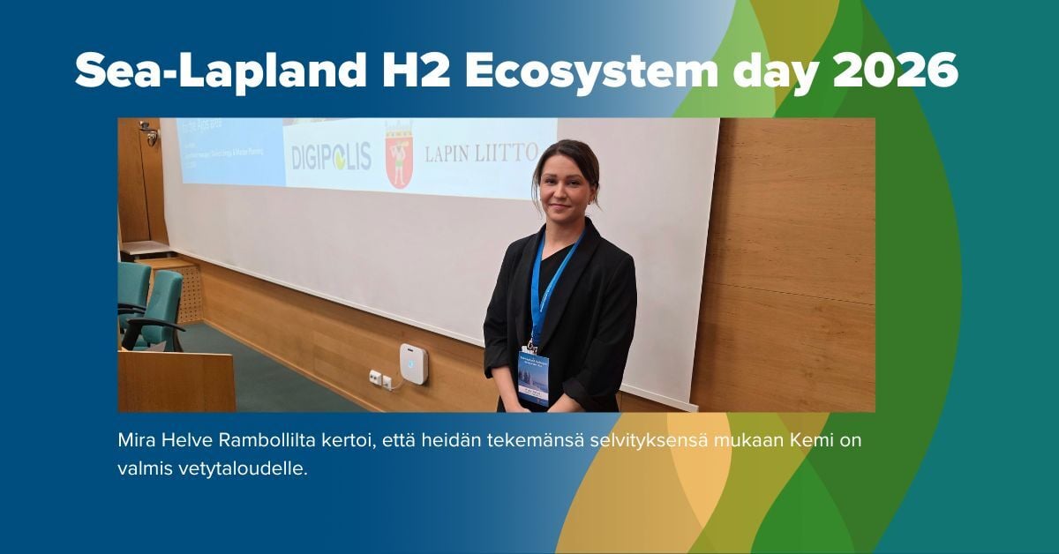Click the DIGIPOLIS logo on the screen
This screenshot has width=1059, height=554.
coord(331,156)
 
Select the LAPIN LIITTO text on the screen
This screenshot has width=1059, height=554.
coord(481,153)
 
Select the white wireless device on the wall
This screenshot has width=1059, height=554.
coord(413,363)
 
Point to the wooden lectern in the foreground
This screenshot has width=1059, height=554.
coord(176,380)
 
